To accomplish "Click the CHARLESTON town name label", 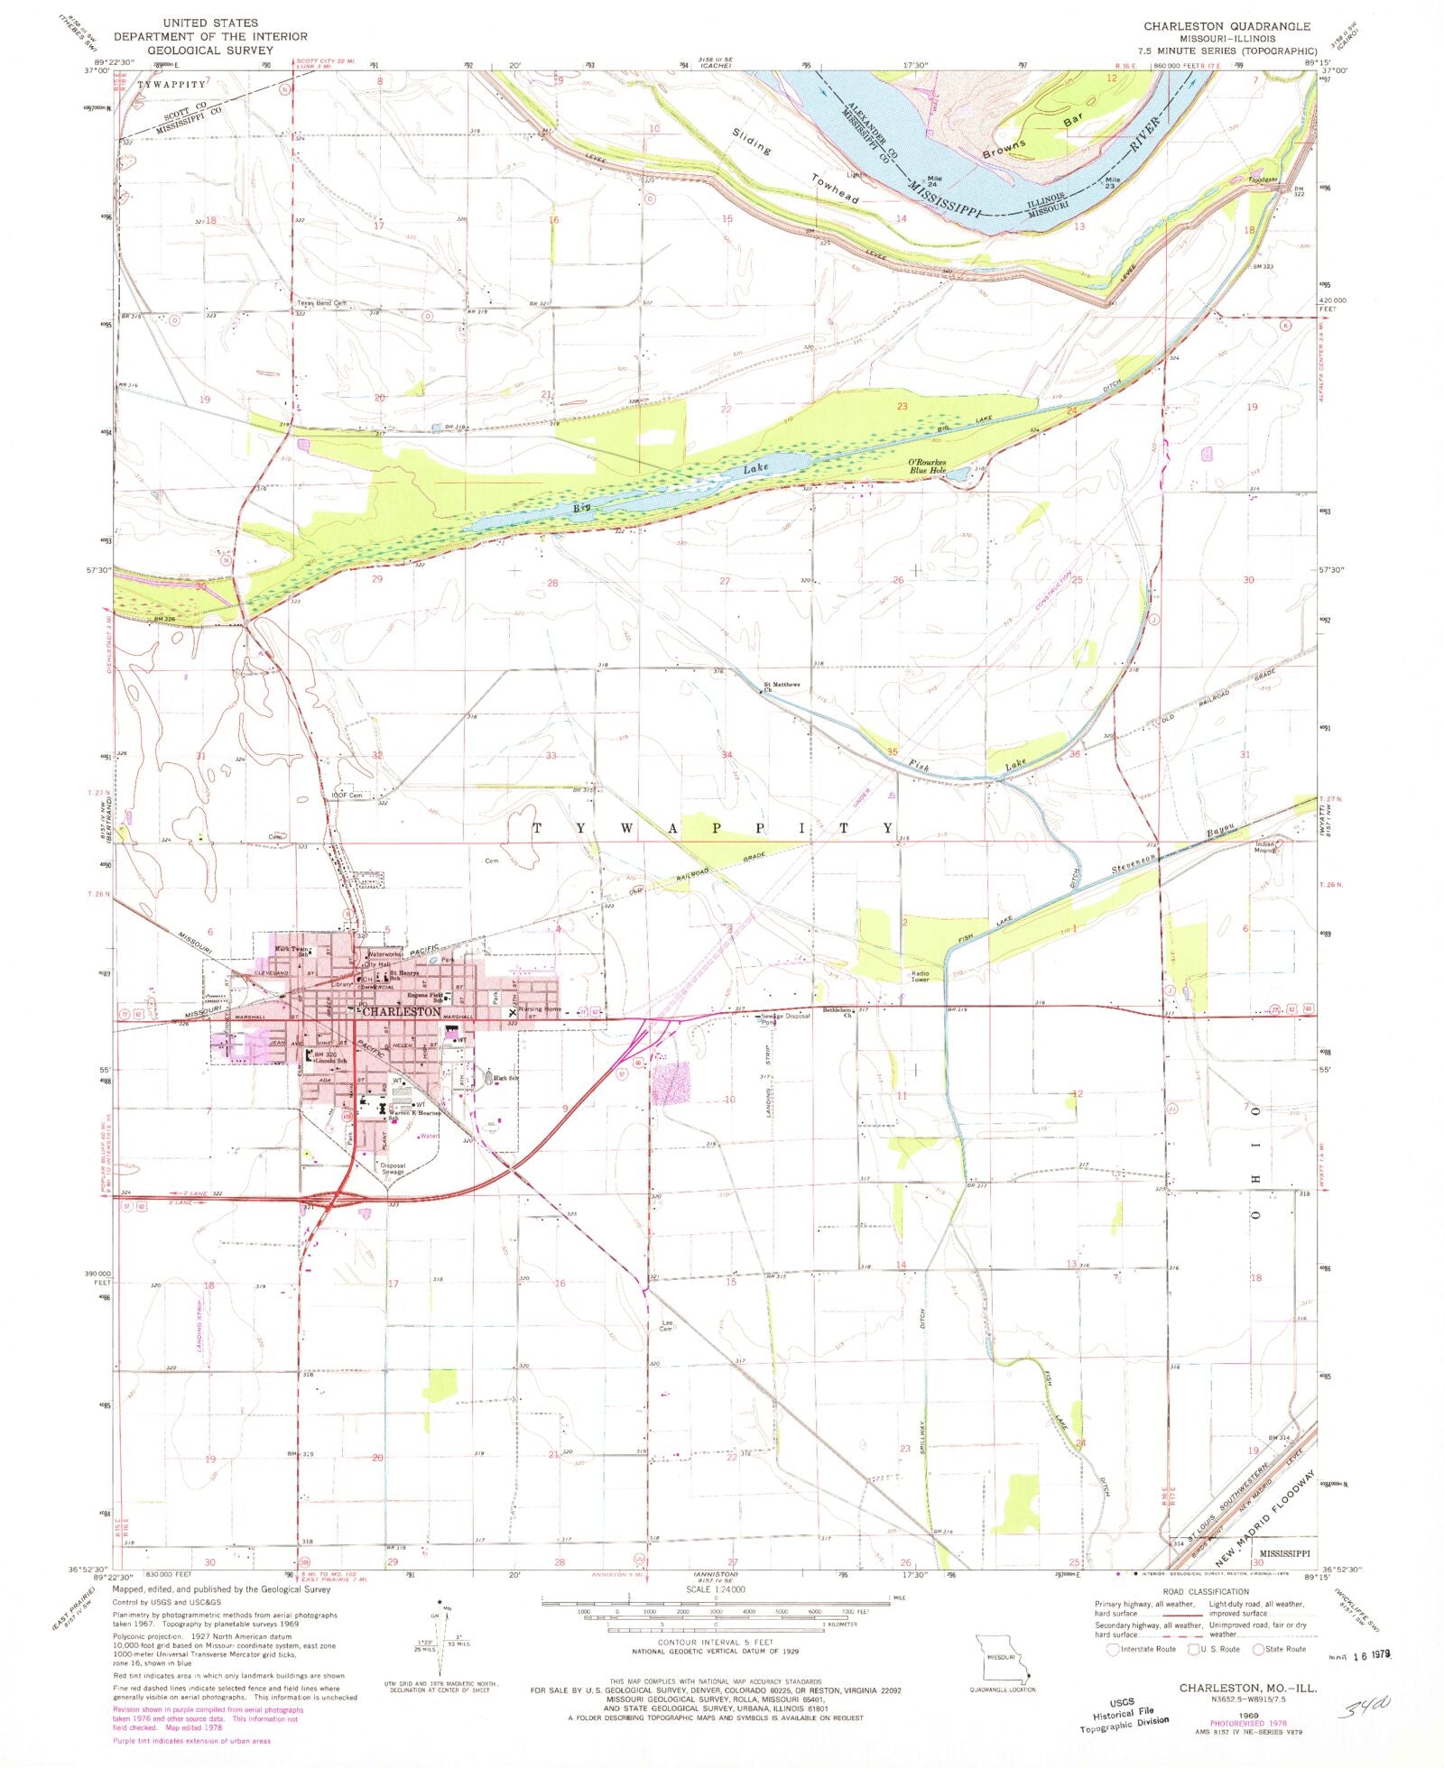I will pyautogui.click(x=401, y=1012).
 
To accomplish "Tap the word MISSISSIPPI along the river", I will pyautogui.click(x=945, y=201).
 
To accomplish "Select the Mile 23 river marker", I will pyautogui.click(x=1113, y=181).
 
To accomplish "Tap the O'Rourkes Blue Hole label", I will pyautogui.click(x=928, y=466).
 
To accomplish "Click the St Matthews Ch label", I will pyautogui.click(x=782, y=687).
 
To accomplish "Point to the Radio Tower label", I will pyautogui.click(x=920, y=977).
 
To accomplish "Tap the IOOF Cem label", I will pyautogui.click(x=347, y=795).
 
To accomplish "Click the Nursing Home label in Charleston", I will pyautogui.click(x=540, y=1009).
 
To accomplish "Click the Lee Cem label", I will pyautogui.click(x=666, y=1326).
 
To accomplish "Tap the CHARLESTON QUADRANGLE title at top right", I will pyautogui.click(x=1226, y=26).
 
